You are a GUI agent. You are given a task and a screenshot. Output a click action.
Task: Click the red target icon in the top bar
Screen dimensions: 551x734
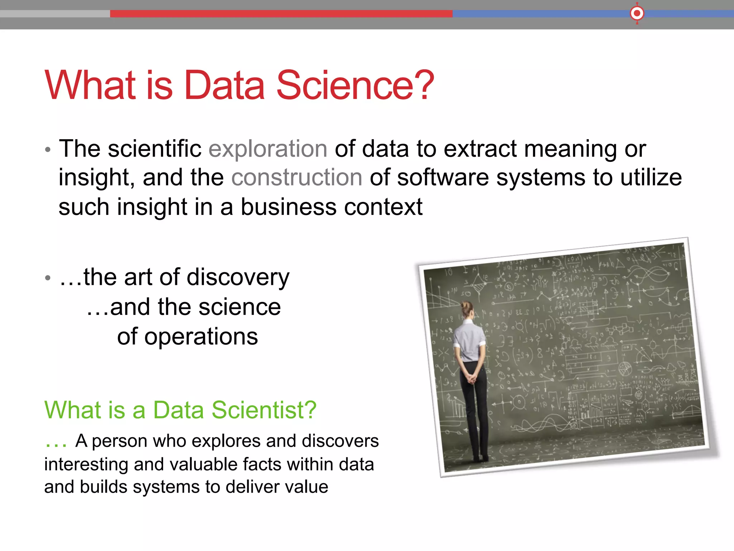click(637, 14)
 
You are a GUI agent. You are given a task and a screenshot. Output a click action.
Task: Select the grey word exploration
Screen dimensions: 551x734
click(268, 149)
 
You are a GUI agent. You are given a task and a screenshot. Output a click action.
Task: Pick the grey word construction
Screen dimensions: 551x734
click(297, 178)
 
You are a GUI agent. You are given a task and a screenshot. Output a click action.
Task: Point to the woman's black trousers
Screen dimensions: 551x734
click(475, 413)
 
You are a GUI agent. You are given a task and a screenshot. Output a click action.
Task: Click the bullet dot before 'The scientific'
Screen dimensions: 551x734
click(48, 150)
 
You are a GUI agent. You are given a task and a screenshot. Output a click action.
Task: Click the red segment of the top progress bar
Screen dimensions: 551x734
click(281, 14)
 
